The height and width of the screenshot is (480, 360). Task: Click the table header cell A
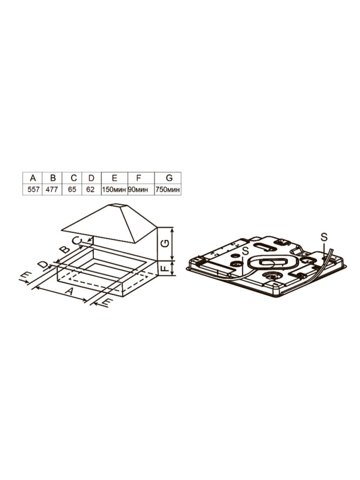tap(33, 178)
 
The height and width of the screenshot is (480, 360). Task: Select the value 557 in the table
tap(33, 190)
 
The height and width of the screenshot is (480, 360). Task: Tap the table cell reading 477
tap(52, 190)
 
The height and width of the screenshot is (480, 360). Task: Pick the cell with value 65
tap(72, 190)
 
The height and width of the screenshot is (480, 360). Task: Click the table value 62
tap(91, 190)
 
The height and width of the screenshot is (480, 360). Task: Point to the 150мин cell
tap(114, 190)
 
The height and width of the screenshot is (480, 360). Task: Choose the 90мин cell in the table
tap(138, 190)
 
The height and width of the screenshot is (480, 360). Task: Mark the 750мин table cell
tap(168, 190)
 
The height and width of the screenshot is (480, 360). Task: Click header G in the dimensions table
tap(168, 178)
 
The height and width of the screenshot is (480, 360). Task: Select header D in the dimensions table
tap(91, 178)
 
